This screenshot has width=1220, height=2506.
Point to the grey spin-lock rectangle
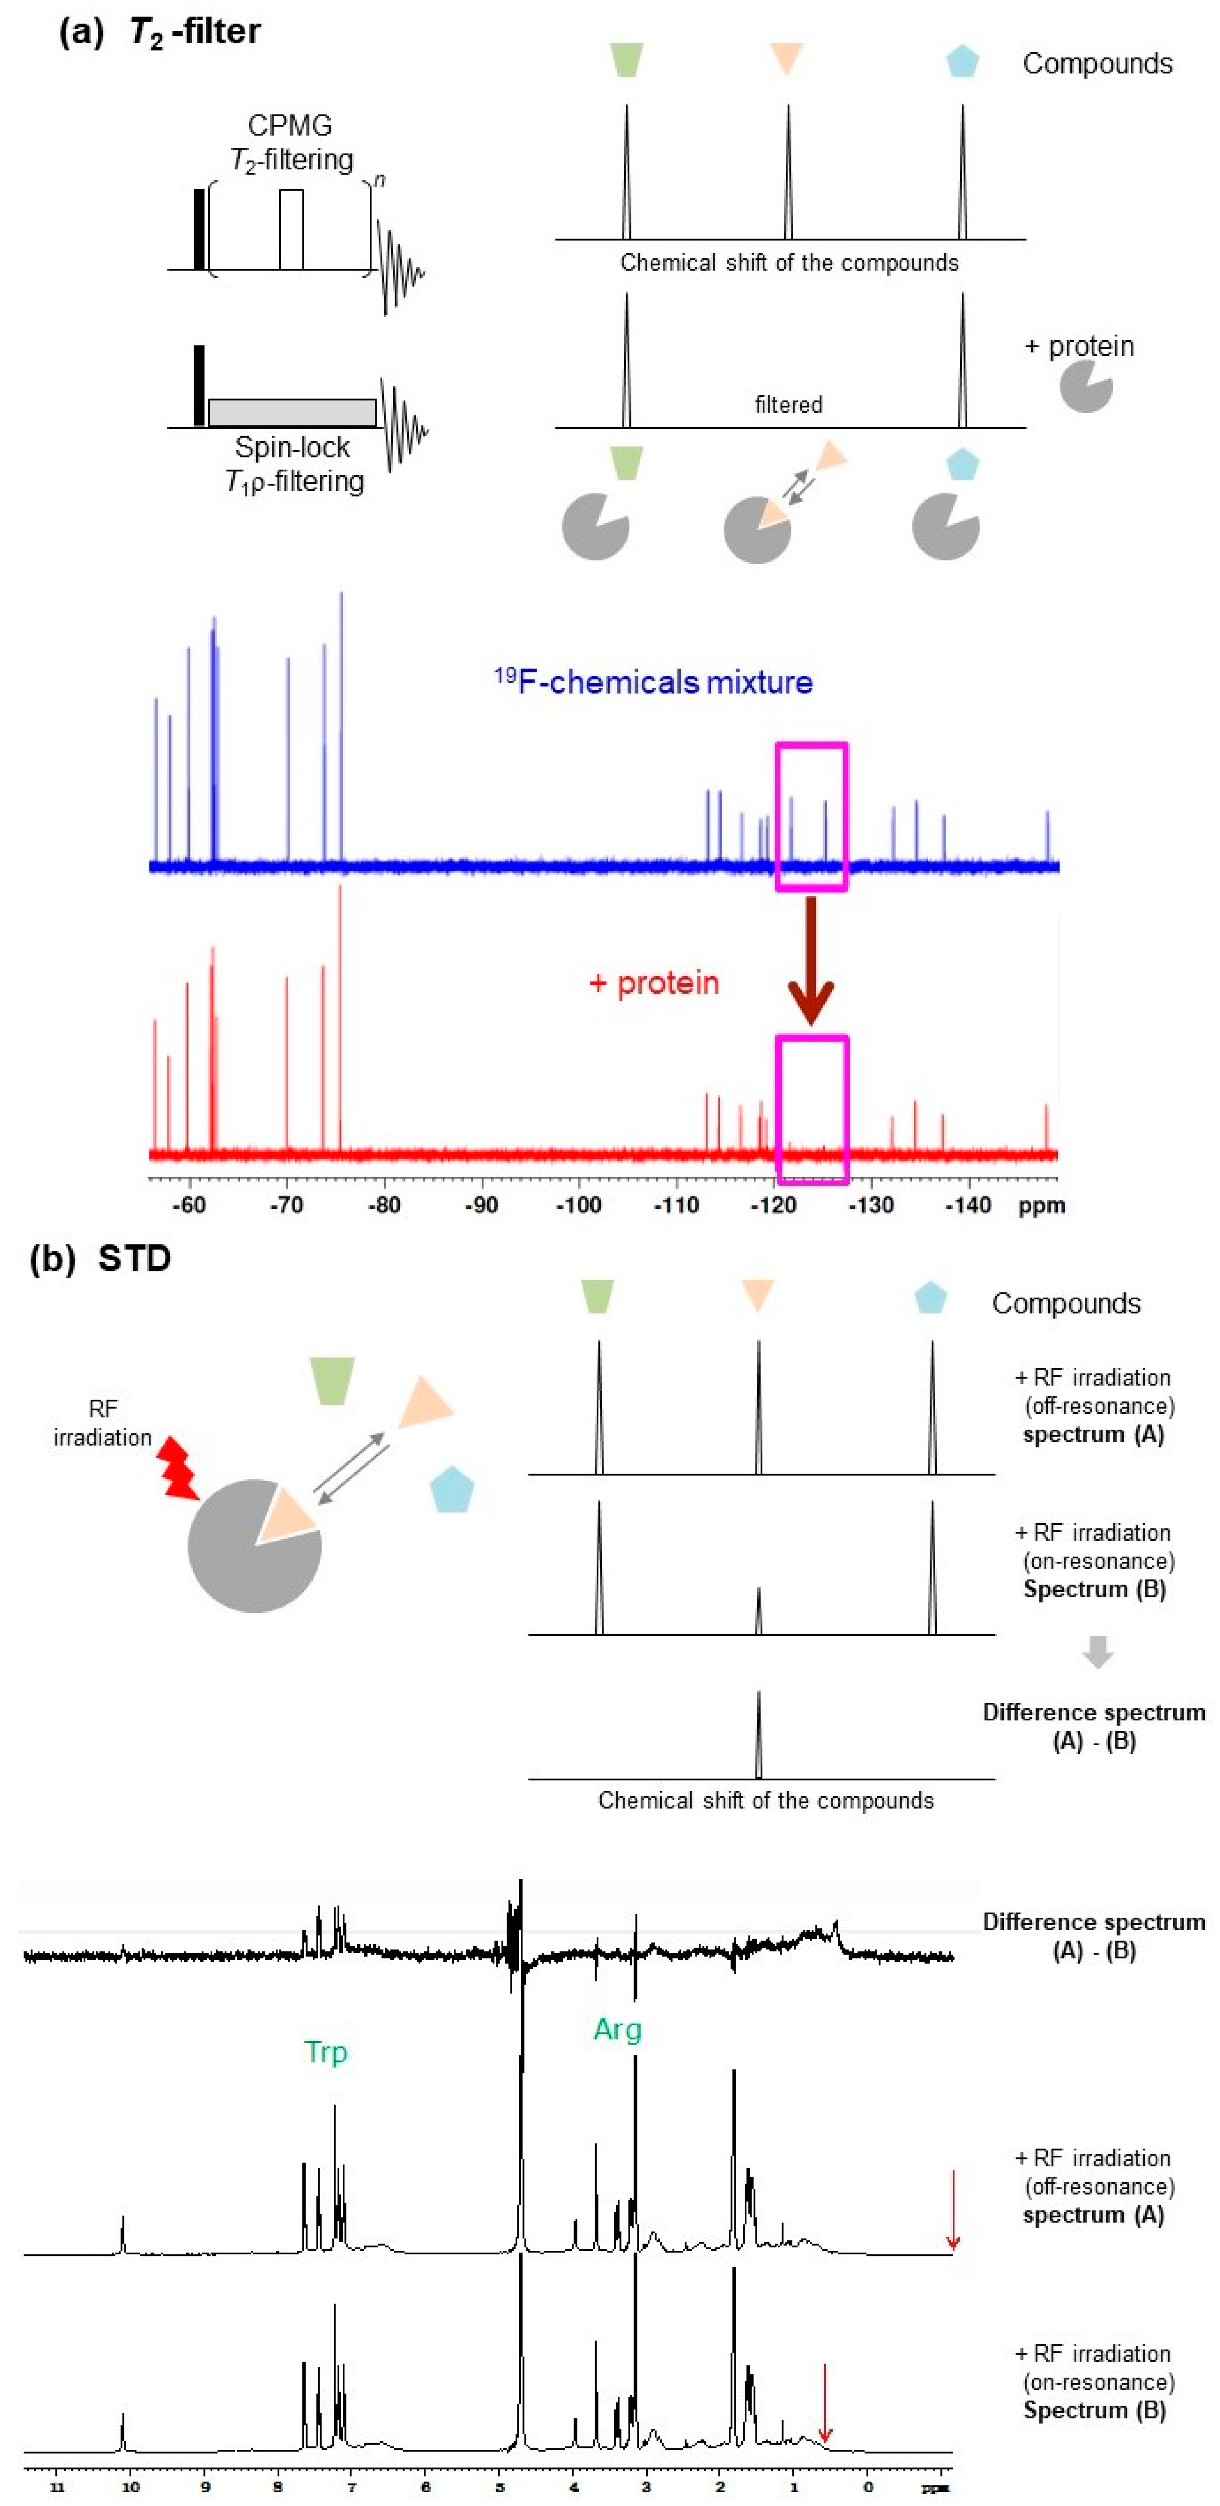point(292,413)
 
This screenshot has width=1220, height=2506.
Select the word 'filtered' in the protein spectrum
point(788,405)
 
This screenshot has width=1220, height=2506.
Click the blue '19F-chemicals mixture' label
point(654,682)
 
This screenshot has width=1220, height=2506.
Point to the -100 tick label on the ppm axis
point(578,1205)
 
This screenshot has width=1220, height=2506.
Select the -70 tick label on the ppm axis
point(286,1205)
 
